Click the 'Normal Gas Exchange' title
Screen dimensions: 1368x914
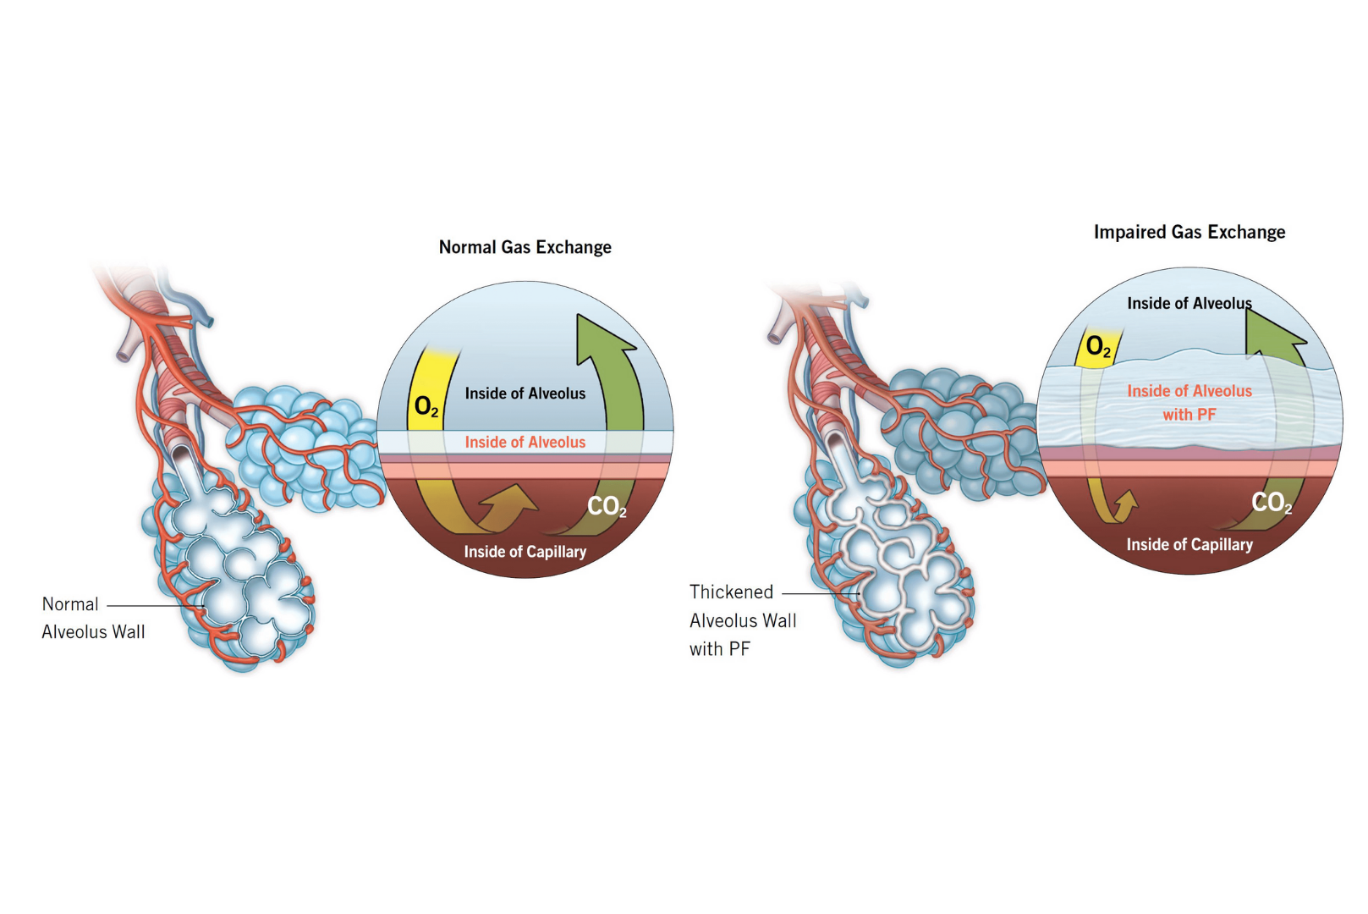pyautogui.click(x=525, y=247)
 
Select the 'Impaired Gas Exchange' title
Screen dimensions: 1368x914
pyautogui.click(x=1189, y=232)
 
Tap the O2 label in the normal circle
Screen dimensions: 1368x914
pyautogui.click(x=426, y=407)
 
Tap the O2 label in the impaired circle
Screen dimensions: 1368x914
pyautogui.click(x=1098, y=347)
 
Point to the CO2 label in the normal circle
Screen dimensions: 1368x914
pyautogui.click(x=607, y=506)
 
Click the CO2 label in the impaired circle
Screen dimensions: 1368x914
pyautogui.click(x=1272, y=503)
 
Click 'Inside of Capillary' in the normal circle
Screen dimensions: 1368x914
pyautogui.click(x=525, y=552)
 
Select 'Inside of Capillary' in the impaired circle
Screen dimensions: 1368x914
pyautogui.click(x=1189, y=544)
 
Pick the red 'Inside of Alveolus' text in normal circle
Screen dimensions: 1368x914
pyautogui.click(x=525, y=443)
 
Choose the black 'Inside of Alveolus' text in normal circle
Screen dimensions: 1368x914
pyautogui.click(x=525, y=394)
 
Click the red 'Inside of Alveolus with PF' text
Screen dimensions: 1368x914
pyautogui.click(x=1189, y=403)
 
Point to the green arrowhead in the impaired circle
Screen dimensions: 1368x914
pyautogui.click(x=1273, y=333)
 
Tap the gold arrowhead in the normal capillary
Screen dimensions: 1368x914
pyautogui.click(x=512, y=498)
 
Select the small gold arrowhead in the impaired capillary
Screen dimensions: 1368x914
pyautogui.click(x=1128, y=500)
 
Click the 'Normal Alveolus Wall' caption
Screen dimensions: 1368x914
pyautogui.click(x=93, y=618)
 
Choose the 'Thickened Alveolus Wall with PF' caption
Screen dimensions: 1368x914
pyautogui.click(x=743, y=620)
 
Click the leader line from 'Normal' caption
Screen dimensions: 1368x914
pyautogui.click(x=156, y=606)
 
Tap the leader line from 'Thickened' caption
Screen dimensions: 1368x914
pyautogui.click(x=821, y=593)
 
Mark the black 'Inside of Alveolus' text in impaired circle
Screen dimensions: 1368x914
pyautogui.click(x=1189, y=304)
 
